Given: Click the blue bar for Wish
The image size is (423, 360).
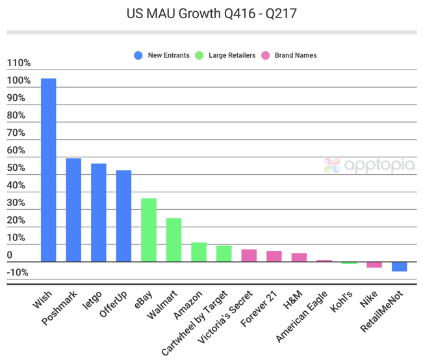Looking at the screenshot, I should (x=49, y=170).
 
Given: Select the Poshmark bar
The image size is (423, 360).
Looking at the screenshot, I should (x=73, y=210).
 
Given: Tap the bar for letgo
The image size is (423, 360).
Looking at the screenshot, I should (x=99, y=212).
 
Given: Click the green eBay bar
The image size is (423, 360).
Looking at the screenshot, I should (x=149, y=230).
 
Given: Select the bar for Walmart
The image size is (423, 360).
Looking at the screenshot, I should (x=173, y=240).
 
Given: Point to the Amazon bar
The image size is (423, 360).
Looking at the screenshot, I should (x=199, y=252).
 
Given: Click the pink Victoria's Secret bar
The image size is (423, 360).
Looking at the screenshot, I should (x=249, y=255).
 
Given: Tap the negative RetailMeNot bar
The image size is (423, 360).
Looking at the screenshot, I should (x=399, y=266).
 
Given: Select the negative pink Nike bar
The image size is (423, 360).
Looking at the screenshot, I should (x=374, y=264).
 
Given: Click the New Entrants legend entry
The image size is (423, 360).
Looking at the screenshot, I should (x=162, y=55).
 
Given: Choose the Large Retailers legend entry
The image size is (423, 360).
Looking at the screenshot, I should (x=227, y=55).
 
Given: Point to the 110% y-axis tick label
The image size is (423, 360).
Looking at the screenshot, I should (x=19, y=63).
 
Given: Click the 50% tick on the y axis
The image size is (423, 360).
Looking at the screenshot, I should (x=16, y=168).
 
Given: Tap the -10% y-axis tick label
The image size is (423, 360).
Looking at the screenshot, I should (x=18, y=272).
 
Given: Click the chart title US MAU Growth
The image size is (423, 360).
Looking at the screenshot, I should (x=212, y=13).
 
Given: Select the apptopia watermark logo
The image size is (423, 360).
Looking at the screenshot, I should (x=369, y=165).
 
